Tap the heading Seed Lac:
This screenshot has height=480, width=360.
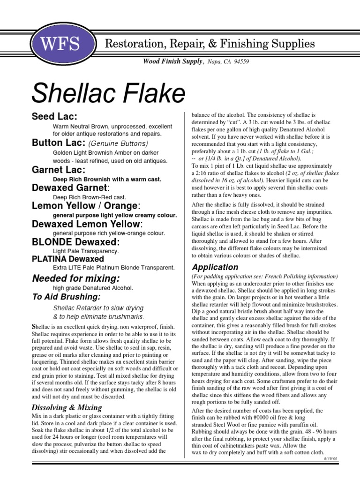click(54, 116)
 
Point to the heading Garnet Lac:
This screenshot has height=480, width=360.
click(59, 170)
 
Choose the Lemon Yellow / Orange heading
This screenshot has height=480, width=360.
click(86, 205)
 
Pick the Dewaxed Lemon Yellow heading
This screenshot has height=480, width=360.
click(86, 224)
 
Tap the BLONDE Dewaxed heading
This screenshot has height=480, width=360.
click(75, 242)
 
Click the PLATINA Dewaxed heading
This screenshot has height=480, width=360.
click(68, 259)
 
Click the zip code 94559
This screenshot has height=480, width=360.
click(240, 61)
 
